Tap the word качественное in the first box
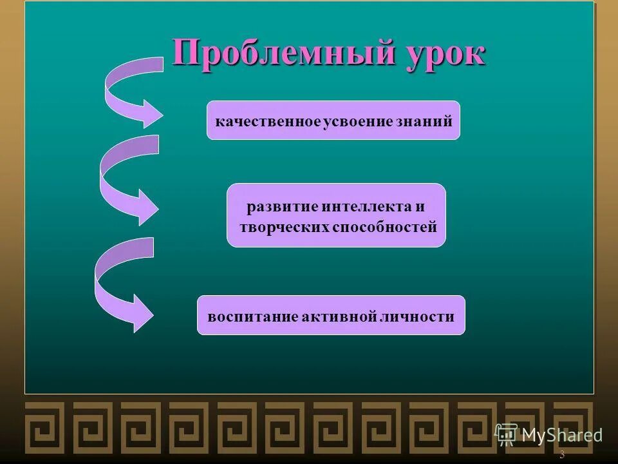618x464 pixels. [x=268, y=121]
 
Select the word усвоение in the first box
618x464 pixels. [x=353, y=121]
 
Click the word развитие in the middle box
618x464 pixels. [x=276, y=208]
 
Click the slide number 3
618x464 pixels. [x=562, y=455]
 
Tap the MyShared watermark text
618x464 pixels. [x=562, y=435]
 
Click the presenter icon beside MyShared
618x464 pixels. [x=507, y=434]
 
